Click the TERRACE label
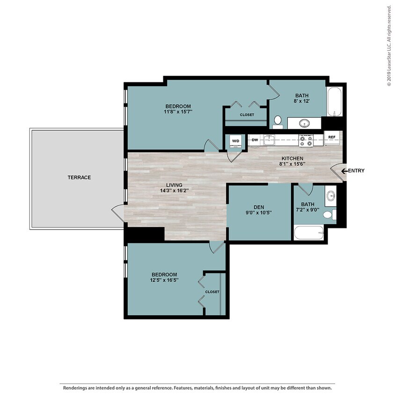pos(79,177)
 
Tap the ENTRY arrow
pos(344,171)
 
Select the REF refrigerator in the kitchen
pos(331,138)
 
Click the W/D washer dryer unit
pos(235,141)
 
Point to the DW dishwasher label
pos(255,140)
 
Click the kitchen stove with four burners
pos(306,140)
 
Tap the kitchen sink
pos(269,140)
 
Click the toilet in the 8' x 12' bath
pos(278,122)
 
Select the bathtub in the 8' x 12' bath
pos(335,101)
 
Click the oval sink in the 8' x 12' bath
pos(304,123)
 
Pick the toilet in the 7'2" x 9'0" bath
pos(329,215)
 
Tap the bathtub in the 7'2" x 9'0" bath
pos(308,233)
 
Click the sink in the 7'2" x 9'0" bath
pos(330,195)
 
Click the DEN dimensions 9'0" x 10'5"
pos(259,212)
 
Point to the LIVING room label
pos(174,185)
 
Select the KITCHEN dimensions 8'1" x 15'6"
pos(292,164)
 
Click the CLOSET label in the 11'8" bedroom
pos(247,115)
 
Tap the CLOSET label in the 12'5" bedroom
pos(212,292)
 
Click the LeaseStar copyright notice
pos(389,46)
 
